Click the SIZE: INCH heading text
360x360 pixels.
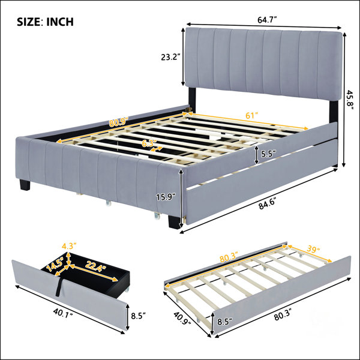point(45,22)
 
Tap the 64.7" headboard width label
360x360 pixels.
point(266,20)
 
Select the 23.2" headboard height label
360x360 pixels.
point(169,57)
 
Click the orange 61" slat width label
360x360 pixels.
point(252,115)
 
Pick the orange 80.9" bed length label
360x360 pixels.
point(118,122)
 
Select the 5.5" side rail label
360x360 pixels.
point(268,154)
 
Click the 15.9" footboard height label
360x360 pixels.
point(166,197)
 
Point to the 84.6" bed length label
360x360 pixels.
point(267,205)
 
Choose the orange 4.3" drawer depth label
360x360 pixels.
point(69,247)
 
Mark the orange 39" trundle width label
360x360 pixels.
point(312,250)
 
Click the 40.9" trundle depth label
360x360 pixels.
point(182,318)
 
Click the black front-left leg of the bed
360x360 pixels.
point(25,185)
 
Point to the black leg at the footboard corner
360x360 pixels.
point(174,221)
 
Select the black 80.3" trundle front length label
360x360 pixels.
point(282,317)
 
